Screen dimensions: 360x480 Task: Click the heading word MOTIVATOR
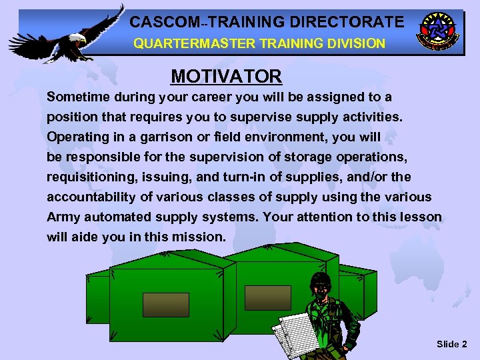[227, 76]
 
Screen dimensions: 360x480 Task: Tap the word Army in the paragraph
[63, 217]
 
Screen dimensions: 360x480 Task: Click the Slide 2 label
[451, 344]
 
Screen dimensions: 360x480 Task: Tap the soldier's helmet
[321, 279]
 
